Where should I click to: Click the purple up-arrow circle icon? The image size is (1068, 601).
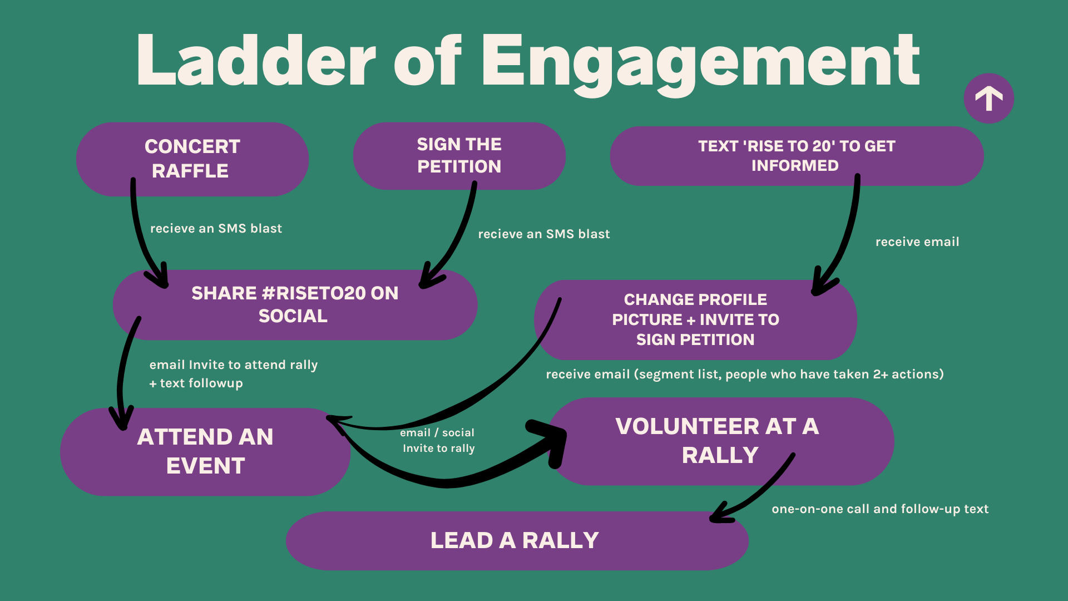click(988, 98)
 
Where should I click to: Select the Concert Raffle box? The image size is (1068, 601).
click(192, 159)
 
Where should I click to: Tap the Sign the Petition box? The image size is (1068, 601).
click(459, 156)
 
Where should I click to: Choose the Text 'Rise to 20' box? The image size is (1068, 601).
click(796, 156)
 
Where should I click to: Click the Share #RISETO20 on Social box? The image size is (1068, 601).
click(295, 304)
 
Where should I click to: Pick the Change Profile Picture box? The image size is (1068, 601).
click(695, 319)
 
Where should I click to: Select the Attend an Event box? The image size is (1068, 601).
click(205, 451)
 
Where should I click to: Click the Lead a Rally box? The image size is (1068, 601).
click(515, 540)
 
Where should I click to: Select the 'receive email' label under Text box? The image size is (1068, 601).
click(917, 242)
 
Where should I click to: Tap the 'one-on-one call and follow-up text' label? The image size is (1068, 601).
click(880, 509)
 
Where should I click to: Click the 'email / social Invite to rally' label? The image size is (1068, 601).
click(438, 440)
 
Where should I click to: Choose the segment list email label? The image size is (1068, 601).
click(745, 374)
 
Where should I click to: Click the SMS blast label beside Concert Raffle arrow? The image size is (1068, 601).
click(216, 228)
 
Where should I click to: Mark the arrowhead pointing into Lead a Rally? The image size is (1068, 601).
click(720, 514)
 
